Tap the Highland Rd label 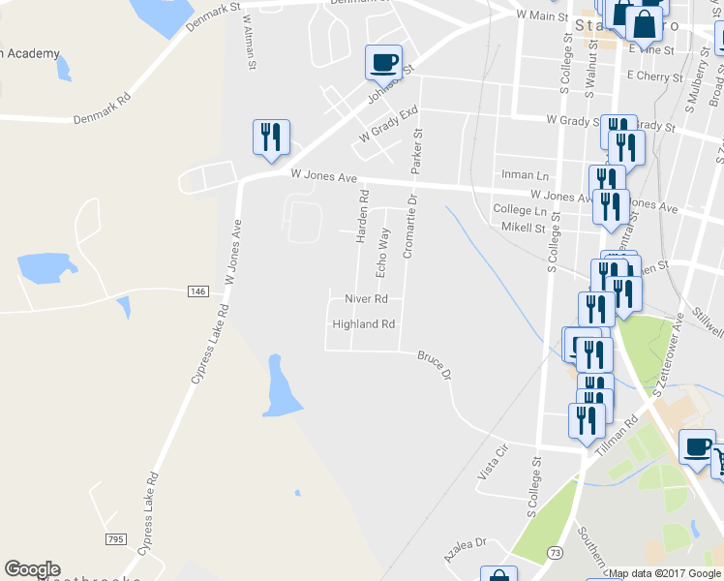(x=364, y=324)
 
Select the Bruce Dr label (x=435, y=364)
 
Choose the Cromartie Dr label (x=409, y=226)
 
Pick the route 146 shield (x=197, y=291)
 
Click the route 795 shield (x=115, y=536)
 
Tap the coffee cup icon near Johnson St (x=383, y=62)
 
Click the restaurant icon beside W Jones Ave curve (x=270, y=137)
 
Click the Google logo (x=32, y=569)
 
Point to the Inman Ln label (x=525, y=175)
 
